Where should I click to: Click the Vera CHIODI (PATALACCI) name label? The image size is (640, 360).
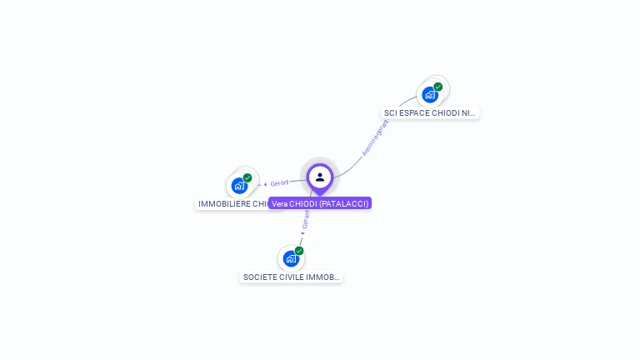[x=320, y=203]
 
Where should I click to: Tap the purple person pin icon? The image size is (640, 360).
[x=320, y=177]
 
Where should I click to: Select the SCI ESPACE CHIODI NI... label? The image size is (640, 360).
[x=430, y=112]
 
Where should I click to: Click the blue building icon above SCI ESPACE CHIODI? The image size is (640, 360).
[x=430, y=94]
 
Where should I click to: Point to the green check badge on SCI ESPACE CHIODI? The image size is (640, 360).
[x=438, y=87]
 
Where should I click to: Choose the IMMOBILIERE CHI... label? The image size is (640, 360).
[x=232, y=203]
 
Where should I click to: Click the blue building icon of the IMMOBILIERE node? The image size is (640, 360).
[x=239, y=185]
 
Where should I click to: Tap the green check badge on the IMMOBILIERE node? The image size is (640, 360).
[x=247, y=177]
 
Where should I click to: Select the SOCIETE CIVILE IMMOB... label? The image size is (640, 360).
[x=291, y=277]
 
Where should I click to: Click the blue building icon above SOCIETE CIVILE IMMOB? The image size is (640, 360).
[x=290, y=258]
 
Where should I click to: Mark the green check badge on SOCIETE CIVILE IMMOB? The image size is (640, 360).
[x=299, y=251]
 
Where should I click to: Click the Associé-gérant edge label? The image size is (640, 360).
[x=376, y=137]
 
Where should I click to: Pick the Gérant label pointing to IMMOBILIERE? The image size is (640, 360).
[x=279, y=182]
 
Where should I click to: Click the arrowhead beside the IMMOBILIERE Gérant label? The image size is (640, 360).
[x=265, y=184]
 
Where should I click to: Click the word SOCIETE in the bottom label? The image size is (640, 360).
[x=258, y=277]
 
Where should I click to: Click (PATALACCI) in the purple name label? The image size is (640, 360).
[x=343, y=203]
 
